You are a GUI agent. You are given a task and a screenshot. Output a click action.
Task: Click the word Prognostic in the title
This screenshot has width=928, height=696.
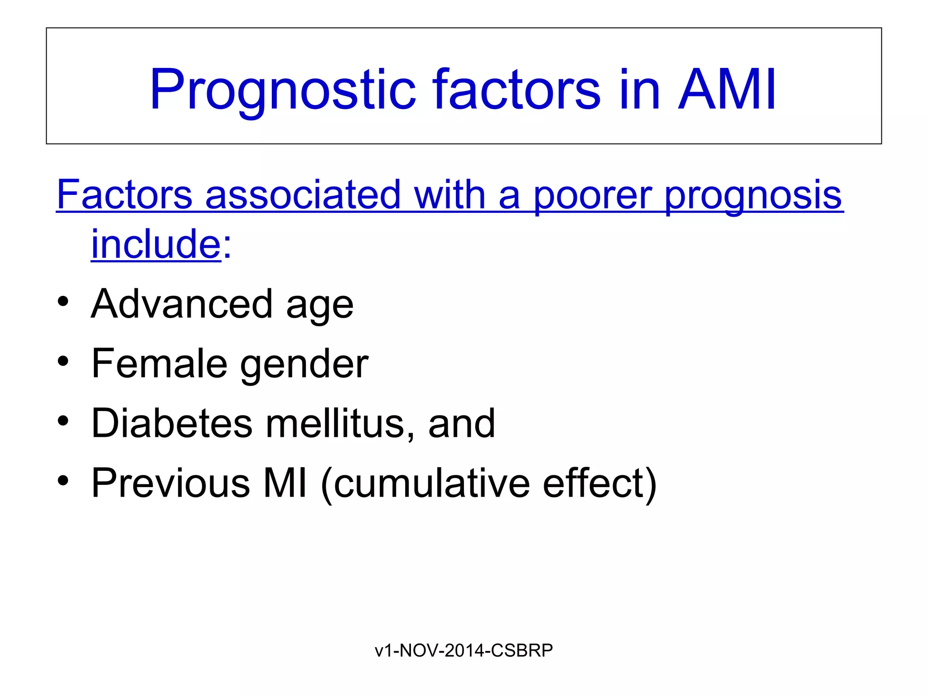[x=282, y=90]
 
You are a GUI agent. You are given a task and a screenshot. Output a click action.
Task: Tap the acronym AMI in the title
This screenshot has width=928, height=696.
[x=727, y=90]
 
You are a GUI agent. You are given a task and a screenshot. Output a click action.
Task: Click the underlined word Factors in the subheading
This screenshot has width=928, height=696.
[x=125, y=194]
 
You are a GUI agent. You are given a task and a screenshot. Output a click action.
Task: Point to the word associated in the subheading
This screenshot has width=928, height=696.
[x=303, y=194]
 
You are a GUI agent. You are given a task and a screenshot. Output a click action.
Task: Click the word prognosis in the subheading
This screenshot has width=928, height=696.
[x=753, y=195]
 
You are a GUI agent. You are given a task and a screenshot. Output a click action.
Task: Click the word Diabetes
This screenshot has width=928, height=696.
[x=172, y=423]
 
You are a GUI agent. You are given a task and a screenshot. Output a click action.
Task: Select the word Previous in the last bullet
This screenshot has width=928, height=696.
[x=170, y=483]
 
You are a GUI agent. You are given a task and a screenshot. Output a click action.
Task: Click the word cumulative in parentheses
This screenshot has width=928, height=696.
[x=431, y=483]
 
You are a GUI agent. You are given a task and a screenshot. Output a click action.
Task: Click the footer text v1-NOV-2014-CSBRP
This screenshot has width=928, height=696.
[x=464, y=650]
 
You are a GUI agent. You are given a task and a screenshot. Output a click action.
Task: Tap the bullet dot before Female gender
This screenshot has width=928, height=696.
[x=63, y=362]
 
